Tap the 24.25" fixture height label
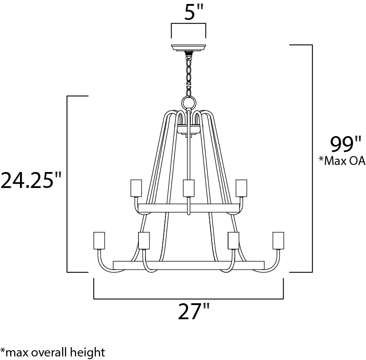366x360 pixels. pos(31,180)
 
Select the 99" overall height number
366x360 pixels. pos(346,145)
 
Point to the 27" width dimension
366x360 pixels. pos(193,312)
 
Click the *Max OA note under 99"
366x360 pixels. pos(342,161)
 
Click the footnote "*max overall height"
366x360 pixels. pos(53,352)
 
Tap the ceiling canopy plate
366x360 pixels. pos(189,47)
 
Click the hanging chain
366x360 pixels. pos(189,74)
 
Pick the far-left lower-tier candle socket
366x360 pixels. pos(99,241)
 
